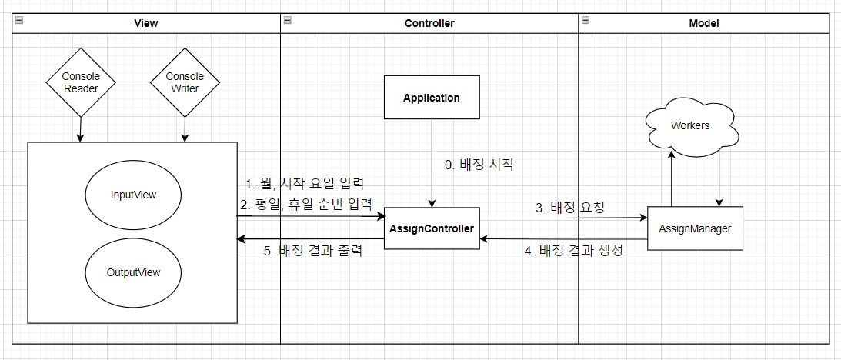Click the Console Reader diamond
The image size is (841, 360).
tap(80, 82)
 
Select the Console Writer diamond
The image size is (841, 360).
tap(185, 82)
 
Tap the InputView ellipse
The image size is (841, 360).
tap(133, 195)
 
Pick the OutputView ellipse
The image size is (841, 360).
tap(133, 272)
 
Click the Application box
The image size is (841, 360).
tap(432, 98)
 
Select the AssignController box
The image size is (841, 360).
tap(432, 228)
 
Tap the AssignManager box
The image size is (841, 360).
tap(695, 228)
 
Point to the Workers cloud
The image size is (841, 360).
tap(690, 125)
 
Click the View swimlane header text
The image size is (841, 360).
tap(145, 23)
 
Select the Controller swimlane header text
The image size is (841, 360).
tap(429, 23)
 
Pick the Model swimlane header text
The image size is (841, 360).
tap(703, 23)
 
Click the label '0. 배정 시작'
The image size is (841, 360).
tap(479, 164)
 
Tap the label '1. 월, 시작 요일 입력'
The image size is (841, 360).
tap(304, 184)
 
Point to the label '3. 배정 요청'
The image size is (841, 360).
tap(570, 207)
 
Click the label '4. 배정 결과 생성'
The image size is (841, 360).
tap(573, 250)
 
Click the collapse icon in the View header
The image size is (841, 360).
tap(18, 20)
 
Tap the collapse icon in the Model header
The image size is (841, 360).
tap(585, 20)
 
